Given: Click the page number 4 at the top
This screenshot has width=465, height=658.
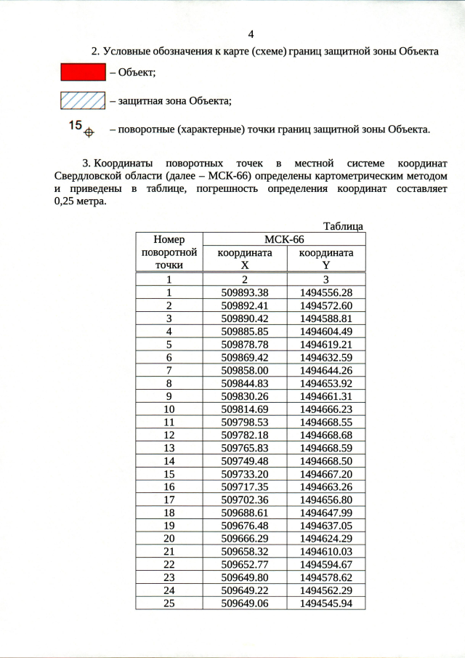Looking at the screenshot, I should click(x=251, y=34).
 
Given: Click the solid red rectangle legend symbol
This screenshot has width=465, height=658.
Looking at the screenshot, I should click(x=82, y=72).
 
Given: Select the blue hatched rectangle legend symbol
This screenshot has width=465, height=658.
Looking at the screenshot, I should click(x=82, y=100).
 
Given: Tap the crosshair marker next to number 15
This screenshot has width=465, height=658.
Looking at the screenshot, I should click(x=89, y=132).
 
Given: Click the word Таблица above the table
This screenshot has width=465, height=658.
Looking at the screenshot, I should click(x=343, y=226).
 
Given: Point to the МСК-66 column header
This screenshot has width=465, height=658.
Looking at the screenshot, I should click(x=283, y=239).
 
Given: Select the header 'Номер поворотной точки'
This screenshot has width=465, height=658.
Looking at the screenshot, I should click(x=169, y=252).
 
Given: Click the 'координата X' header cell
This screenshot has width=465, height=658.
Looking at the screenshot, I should click(x=245, y=259).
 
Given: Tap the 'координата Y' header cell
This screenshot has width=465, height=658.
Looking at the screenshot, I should click(x=326, y=259).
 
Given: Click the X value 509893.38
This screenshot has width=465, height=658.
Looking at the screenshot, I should click(x=245, y=292).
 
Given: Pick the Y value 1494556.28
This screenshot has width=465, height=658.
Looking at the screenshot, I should click(x=326, y=292).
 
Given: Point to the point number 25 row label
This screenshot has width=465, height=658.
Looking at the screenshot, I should click(x=169, y=603).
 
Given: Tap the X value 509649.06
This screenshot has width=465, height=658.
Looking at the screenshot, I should click(x=245, y=603).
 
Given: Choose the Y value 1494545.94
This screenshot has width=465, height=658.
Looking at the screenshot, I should click(x=326, y=603).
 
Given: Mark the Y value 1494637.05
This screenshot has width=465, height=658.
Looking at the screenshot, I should click(x=326, y=525).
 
